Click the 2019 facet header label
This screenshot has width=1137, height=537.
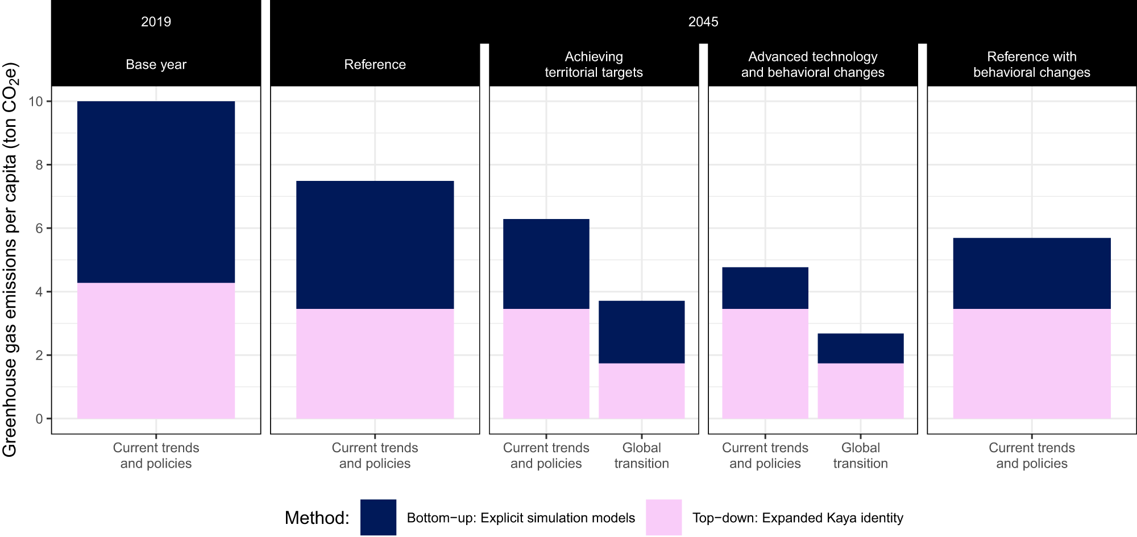point(156,22)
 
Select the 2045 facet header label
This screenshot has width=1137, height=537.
point(703,22)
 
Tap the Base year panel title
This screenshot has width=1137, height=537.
point(156,64)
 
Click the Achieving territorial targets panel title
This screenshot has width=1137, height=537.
point(594,64)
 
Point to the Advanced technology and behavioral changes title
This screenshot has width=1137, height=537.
point(812,64)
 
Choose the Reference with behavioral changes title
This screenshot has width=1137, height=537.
point(1031,64)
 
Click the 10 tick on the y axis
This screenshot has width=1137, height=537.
point(36,101)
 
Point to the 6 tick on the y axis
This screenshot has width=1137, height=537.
point(39,228)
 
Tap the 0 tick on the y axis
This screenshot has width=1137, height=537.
point(39,419)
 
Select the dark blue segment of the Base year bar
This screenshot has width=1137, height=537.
point(156,192)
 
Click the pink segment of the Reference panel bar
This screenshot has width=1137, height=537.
point(375,364)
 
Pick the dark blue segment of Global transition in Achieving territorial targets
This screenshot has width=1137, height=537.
point(641,332)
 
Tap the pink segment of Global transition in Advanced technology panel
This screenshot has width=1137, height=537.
point(860,391)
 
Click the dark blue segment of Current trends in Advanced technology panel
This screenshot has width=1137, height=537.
point(765,288)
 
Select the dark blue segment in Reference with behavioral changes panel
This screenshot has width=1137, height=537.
point(1031,273)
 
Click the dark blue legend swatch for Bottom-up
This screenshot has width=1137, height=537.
point(378,517)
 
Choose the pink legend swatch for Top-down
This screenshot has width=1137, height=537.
point(663,517)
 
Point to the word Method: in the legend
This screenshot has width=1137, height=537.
point(317,518)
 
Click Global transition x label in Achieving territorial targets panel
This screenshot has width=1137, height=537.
point(641,455)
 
